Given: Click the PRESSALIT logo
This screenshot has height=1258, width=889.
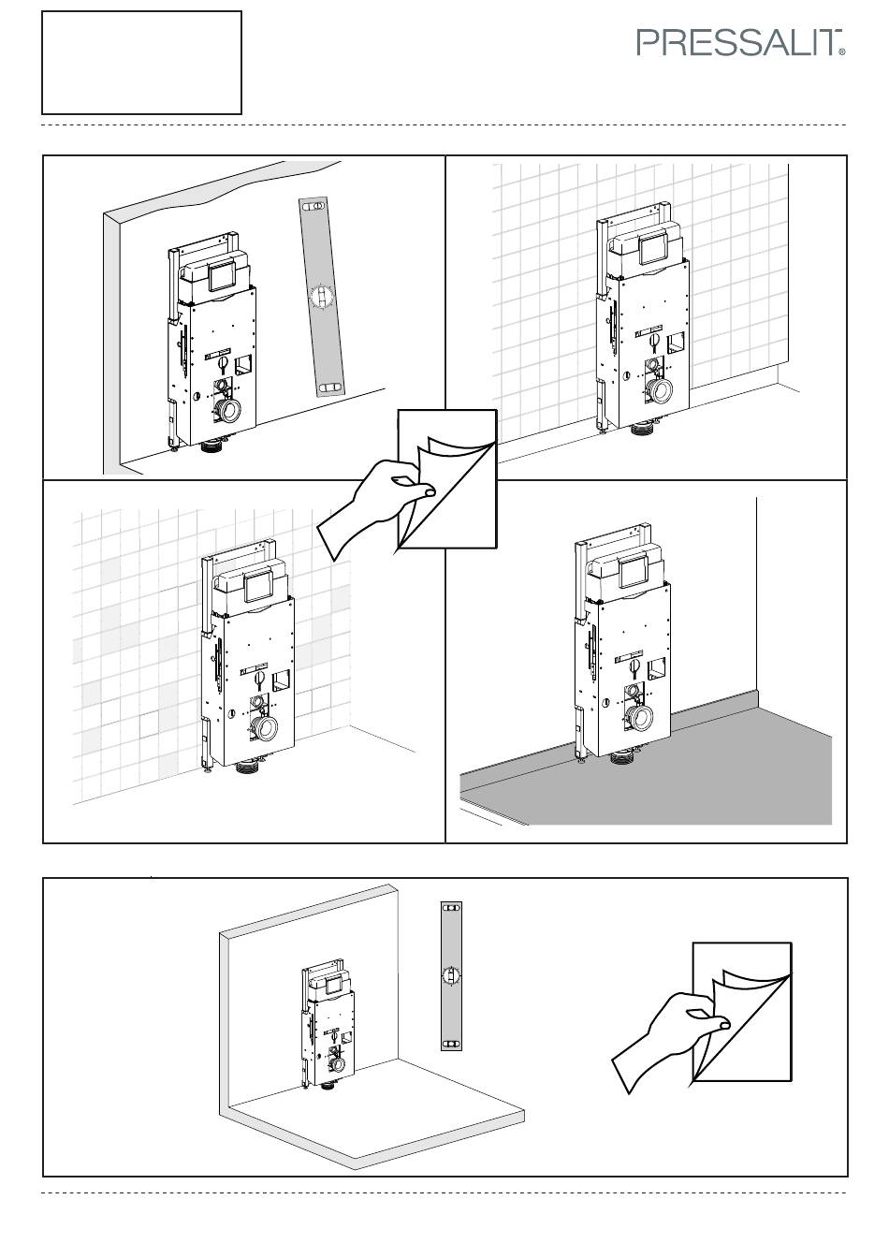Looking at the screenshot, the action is [741, 43].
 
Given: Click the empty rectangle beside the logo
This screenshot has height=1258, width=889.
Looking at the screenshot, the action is [141, 63].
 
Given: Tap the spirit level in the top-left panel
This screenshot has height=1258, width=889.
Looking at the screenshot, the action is [321, 297].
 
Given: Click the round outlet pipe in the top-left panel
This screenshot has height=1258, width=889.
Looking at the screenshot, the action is [231, 411].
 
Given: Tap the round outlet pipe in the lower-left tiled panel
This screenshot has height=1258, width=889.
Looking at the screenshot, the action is [265, 729].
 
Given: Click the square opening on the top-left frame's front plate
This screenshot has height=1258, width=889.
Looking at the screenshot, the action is [243, 364].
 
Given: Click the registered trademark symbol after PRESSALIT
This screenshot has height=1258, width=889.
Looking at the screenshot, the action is [842, 52].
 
